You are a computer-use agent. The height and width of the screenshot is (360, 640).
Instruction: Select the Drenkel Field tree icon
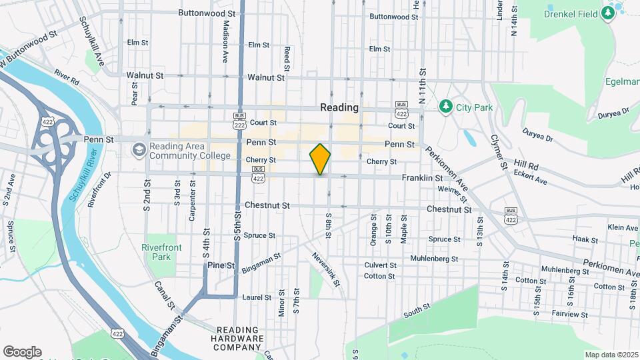tap(607, 13)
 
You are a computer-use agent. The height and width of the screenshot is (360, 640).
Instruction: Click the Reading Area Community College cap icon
tap(139, 149)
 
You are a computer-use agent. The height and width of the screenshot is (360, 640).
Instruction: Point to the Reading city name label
tap(339, 107)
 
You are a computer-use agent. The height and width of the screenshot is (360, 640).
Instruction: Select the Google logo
tap(22, 352)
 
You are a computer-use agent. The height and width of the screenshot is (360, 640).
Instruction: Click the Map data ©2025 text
tap(611, 355)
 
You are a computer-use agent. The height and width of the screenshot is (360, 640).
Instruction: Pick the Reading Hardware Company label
tap(239, 339)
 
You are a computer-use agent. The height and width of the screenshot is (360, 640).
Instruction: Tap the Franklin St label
tap(422, 178)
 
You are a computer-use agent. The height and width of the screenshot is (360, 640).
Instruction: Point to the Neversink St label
tap(325, 269)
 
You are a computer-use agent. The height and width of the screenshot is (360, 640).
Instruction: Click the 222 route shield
tap(238, 125)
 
